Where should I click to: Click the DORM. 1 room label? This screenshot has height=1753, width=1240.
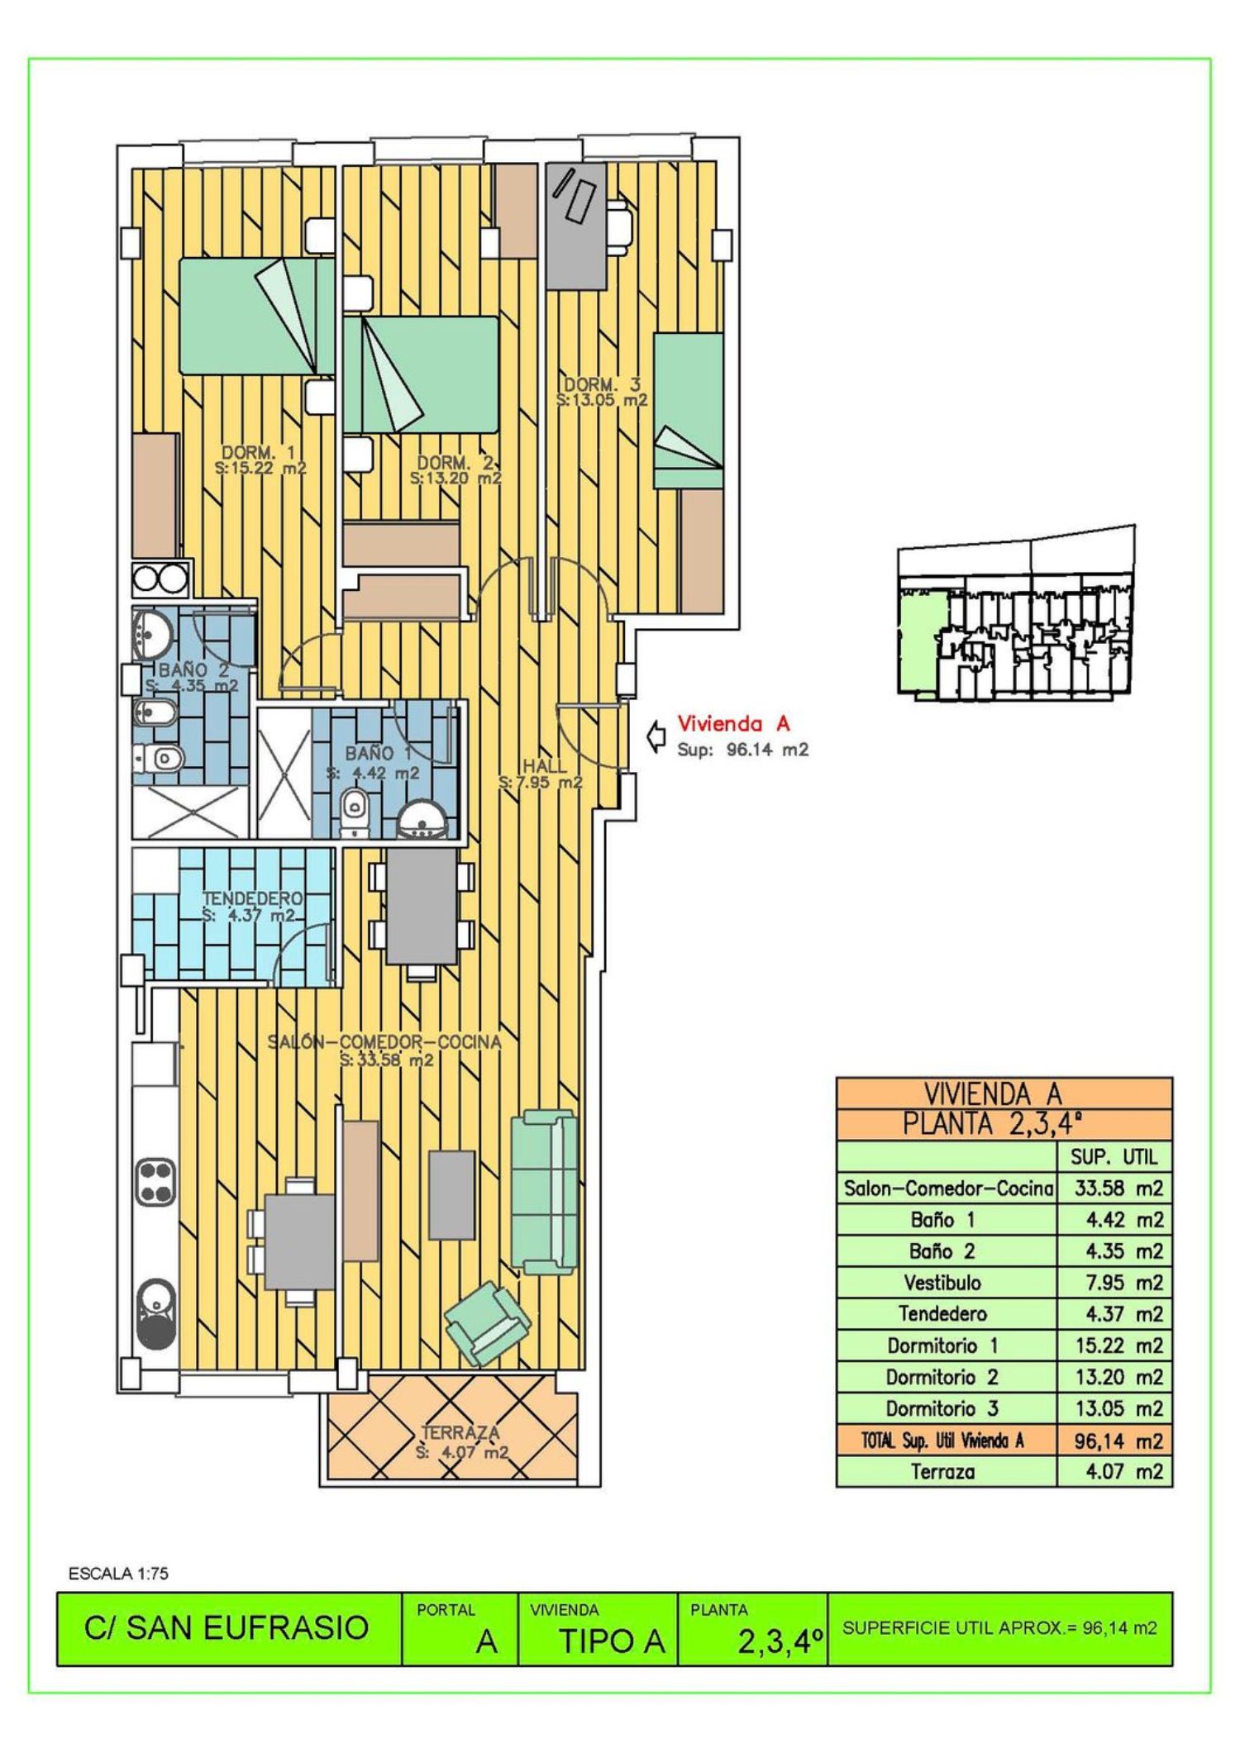click(x=259, y=452)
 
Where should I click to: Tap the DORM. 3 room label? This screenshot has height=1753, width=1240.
click(x=602, y=384)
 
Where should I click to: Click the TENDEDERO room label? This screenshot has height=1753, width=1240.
click(x=252, y=898)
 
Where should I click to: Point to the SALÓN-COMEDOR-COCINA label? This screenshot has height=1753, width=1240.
click(x=384, y=1041)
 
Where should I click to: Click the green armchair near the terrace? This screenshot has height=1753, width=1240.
click(x=486, y=1324)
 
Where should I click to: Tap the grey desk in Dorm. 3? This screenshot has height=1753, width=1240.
click(x=576, y=225)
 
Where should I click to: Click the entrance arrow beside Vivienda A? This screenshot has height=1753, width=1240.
click(x=657, y=736)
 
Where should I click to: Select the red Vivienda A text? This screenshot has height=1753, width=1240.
click(x=734, y=724)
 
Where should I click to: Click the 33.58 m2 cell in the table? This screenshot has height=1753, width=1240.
click(x=1118, y=1189)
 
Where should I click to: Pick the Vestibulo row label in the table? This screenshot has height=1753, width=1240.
click(x=942, y=1283)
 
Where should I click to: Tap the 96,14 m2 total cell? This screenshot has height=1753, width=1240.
click(x=1118, y=1441)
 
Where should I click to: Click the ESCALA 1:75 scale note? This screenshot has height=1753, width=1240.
click(x=118, y=1574)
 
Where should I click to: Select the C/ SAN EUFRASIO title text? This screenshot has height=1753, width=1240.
click(x=226, y=1627)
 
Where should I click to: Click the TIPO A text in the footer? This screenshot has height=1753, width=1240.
click(x=612, y=1641)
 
